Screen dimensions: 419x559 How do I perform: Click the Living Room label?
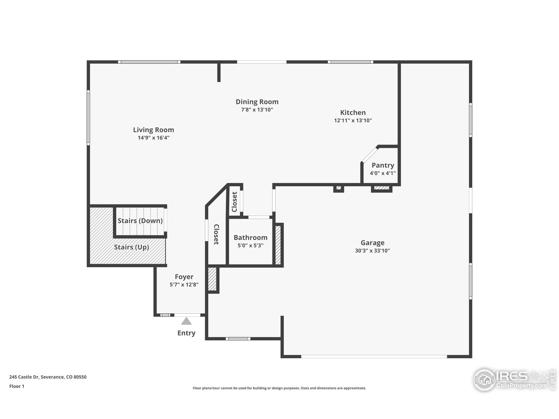[x=153, y=130]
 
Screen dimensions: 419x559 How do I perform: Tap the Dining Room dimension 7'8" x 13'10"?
[x=257, y=110]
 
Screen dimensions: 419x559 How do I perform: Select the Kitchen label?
[x=353, y=113]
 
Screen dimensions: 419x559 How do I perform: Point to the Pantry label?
[x=383, y=165]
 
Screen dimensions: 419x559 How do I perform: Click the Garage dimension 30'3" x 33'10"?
[x=372, y=251]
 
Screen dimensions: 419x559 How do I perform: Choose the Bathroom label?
[x=250, y=237]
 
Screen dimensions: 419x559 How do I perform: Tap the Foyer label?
[x=184, y=277]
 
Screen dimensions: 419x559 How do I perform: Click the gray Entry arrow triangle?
[x=186, y=321]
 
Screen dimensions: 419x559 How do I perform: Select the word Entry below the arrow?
[x=186, y=333]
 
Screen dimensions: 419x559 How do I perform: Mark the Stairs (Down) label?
[x=140, y=221]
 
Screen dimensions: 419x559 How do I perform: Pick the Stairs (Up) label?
[x=131, y=247]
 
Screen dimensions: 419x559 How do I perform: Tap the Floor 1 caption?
[x=17, y=386]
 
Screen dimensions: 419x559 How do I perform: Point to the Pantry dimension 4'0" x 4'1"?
[x=383, y=173]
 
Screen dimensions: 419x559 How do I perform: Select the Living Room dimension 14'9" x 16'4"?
[x=153, y=138]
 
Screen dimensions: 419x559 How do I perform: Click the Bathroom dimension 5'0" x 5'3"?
[x=250, y=245]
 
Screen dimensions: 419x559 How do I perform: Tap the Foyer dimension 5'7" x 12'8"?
[x=184, y=285]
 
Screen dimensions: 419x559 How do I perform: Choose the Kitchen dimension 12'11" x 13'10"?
[x=353, y=120]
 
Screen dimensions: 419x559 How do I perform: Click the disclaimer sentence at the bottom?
[x=279, y=388]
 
